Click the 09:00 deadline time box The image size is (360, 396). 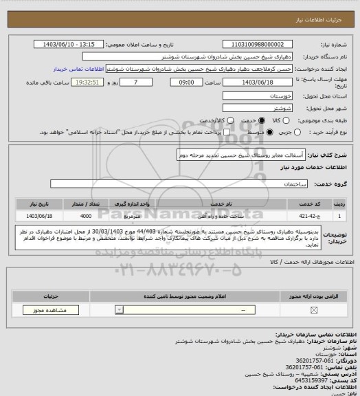pyautogui.click(x=187, y=82)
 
